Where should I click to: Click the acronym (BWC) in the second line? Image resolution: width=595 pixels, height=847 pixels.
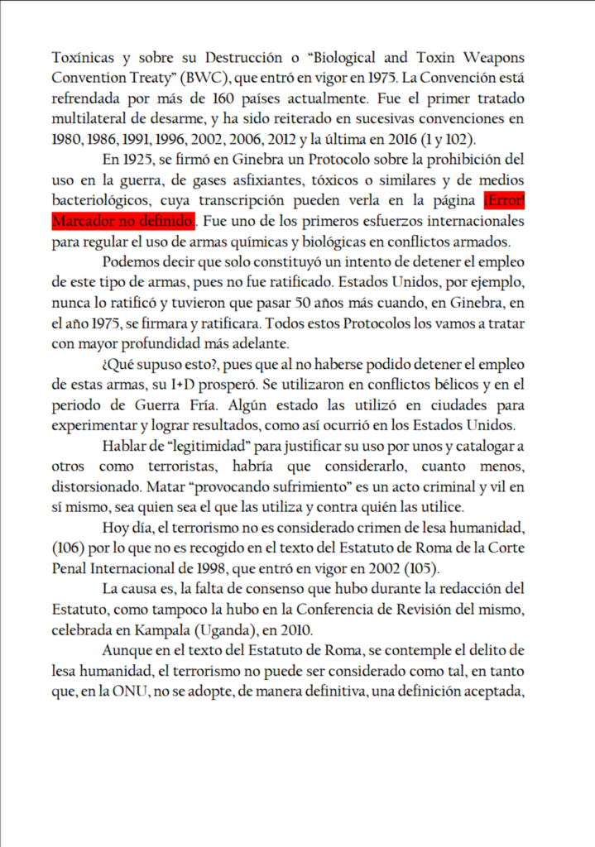(x=214, y=79)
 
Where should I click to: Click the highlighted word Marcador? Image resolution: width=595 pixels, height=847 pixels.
(x=82, y=222)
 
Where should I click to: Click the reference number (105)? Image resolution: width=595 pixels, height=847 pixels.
(x=429, y=569)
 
